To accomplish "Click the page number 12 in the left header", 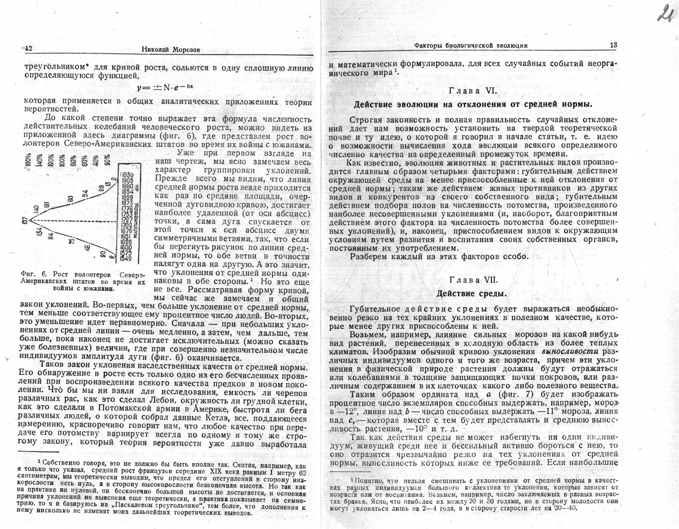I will pyautogui.click(x=28, y=49).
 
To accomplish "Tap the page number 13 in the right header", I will pyautogui.click(x=613, y=45).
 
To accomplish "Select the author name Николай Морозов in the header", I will pyautogui.click(x=171, y=49).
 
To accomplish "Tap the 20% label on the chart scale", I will pyautogui.click(x=107, y=159).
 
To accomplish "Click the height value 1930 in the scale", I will pyautogui.click(x=127, y=174).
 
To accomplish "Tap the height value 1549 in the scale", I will pyautogui.click(x=127, y=259).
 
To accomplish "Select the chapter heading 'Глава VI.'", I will pyautogui.click(x=473, y=90).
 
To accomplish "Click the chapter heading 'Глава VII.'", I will pyautogui.click(x=473, y=280).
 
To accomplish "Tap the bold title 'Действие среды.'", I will pyautogui.click(x=471, y=293).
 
